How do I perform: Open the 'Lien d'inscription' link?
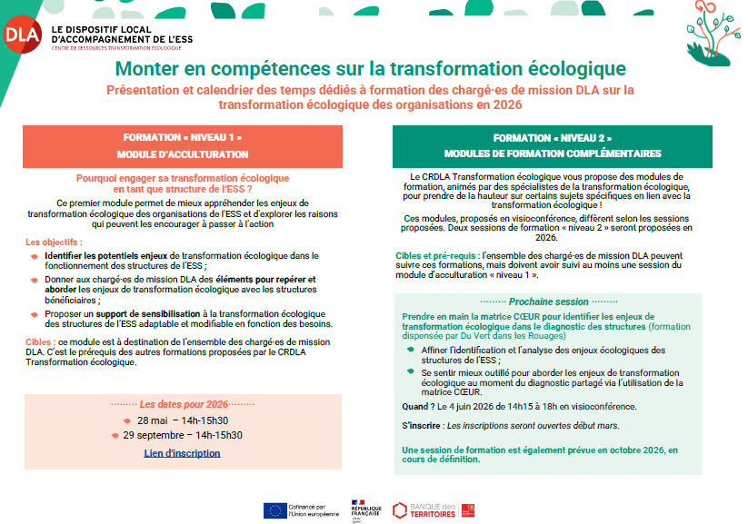(x=182, y=452)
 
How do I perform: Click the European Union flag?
(x=273, y=509)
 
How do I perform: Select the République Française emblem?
(x=360, y=509)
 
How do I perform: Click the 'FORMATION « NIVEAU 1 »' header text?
(x=183, y=136)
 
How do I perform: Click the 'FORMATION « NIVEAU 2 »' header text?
(x=553, y=136)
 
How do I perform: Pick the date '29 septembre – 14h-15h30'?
(x=189, y=435)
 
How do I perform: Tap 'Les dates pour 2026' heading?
(x=183, y=404)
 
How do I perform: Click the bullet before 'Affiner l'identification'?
(x=411, y=351)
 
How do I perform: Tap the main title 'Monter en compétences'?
(x=371, y=69)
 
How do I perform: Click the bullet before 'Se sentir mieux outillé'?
(x=411, y=372)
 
